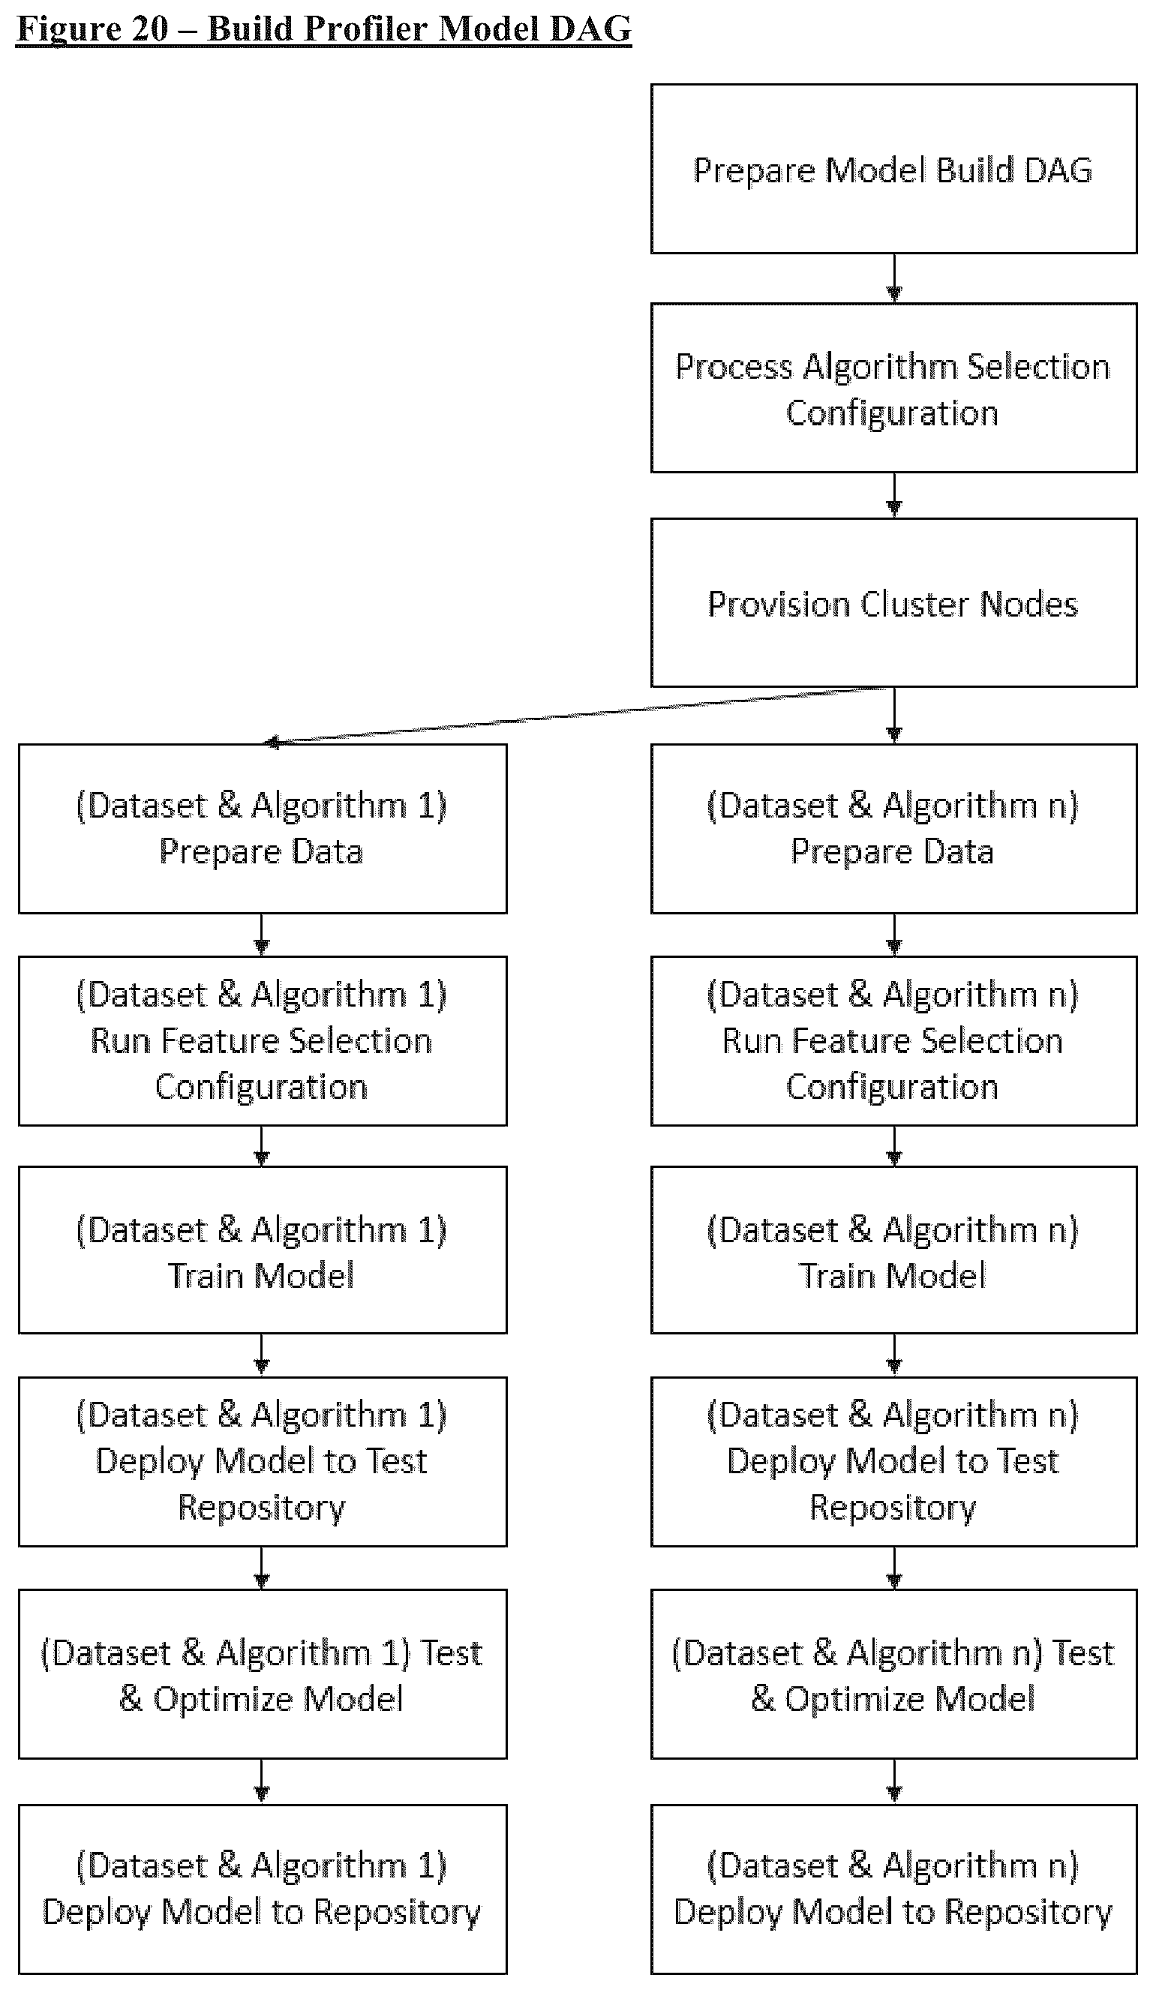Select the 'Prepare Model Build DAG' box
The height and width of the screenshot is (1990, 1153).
[893, 169]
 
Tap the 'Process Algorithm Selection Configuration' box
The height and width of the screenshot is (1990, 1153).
[893, 388]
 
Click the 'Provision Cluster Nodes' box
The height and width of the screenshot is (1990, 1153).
[893, 602]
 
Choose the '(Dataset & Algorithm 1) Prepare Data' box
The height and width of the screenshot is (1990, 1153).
[263, 828]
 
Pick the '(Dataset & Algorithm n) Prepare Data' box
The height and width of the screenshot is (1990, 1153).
[893, 828]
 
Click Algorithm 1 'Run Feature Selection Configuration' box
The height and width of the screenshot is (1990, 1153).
[263, 1041]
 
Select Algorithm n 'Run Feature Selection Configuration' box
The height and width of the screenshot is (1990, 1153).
[893, 1041]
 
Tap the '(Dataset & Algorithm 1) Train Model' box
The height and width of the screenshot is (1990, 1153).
[263, 1251]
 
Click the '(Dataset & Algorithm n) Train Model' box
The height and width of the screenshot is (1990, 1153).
[893, 1251]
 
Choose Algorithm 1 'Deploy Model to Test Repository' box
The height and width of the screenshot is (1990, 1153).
[263, 1462]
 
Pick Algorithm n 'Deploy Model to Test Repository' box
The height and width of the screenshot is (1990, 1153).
[893, 1462]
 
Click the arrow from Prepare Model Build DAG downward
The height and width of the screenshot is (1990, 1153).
[894, 279]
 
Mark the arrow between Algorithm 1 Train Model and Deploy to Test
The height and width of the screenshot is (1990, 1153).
[261, 1356]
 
